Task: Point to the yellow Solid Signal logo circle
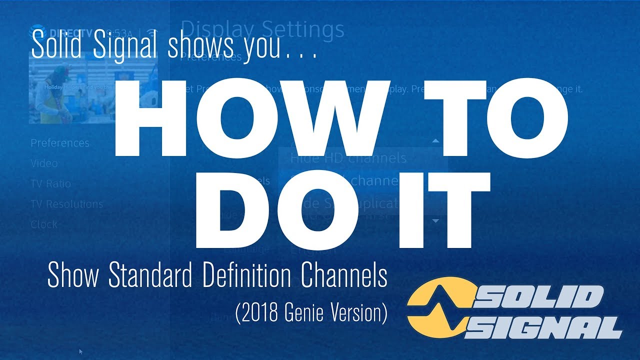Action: pos(437,312)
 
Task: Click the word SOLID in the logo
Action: pos(542,298)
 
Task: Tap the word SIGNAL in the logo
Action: pos(547,328)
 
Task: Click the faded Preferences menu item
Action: pos(60,143)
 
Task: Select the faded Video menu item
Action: pos(44,163)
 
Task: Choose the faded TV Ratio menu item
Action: pos(50,184)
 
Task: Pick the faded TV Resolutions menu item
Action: pos(66,204)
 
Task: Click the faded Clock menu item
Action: pos(44,224)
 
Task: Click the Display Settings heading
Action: pos(262,29)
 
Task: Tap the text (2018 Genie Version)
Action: pos(311,313)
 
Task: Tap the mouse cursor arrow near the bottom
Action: pos(81,352)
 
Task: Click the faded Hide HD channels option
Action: pos(348,158)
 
